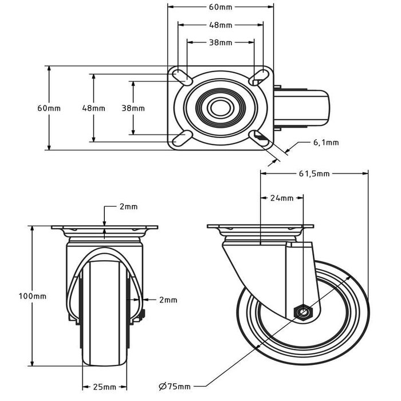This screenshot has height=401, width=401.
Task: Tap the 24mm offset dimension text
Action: pyautogui.click(x=281, y=198)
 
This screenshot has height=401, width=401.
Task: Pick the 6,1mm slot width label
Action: pyautogui.click(x=325, y=143)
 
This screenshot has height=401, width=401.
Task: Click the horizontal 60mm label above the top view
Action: pyautogui.click(x=221, y=7)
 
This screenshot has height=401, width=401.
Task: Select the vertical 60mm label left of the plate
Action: pyautogui.click(x=49, y=108)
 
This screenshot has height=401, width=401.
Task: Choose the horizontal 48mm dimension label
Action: pyautogui.click(x=221, y=25)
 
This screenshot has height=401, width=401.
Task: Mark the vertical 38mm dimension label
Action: pyautogui.click(x=133, y=108)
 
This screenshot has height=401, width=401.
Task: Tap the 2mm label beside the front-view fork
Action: pyautogui.click(x=168, y=300)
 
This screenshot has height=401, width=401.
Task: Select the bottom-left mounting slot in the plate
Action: pyautogui.click(x=182, y=137)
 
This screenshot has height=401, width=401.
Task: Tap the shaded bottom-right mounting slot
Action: pyautogui.click(x=261, y=137)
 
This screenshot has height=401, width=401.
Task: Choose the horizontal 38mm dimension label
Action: pyautogui.click(x=221, y=42)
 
